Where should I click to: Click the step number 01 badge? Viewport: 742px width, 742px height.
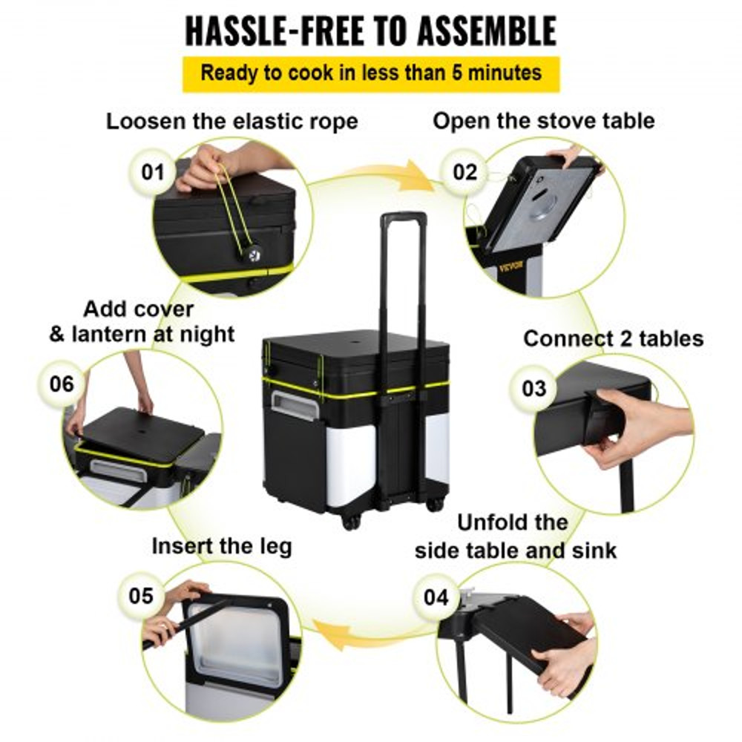[x=153, y=172]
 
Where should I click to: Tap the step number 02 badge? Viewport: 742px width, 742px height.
[x=464, y=172]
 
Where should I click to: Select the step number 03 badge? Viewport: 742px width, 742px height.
[x=533, y=388]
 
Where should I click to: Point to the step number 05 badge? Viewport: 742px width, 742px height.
[x=141, y=596]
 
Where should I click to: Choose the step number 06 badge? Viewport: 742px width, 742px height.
[x=62, y=384]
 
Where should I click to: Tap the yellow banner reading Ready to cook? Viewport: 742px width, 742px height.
[x=370, y=73]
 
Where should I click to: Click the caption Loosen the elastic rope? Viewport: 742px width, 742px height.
[x=232, y=121]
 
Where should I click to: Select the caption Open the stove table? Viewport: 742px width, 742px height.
[x=544, y=121]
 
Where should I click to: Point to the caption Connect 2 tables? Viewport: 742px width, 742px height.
[x=613, y=338]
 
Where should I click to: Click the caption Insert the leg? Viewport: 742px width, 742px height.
[x=222, y=546]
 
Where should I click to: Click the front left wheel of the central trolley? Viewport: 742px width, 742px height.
[x=352, y=522]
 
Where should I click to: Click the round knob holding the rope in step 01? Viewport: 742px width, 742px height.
[x=243, y=256]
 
